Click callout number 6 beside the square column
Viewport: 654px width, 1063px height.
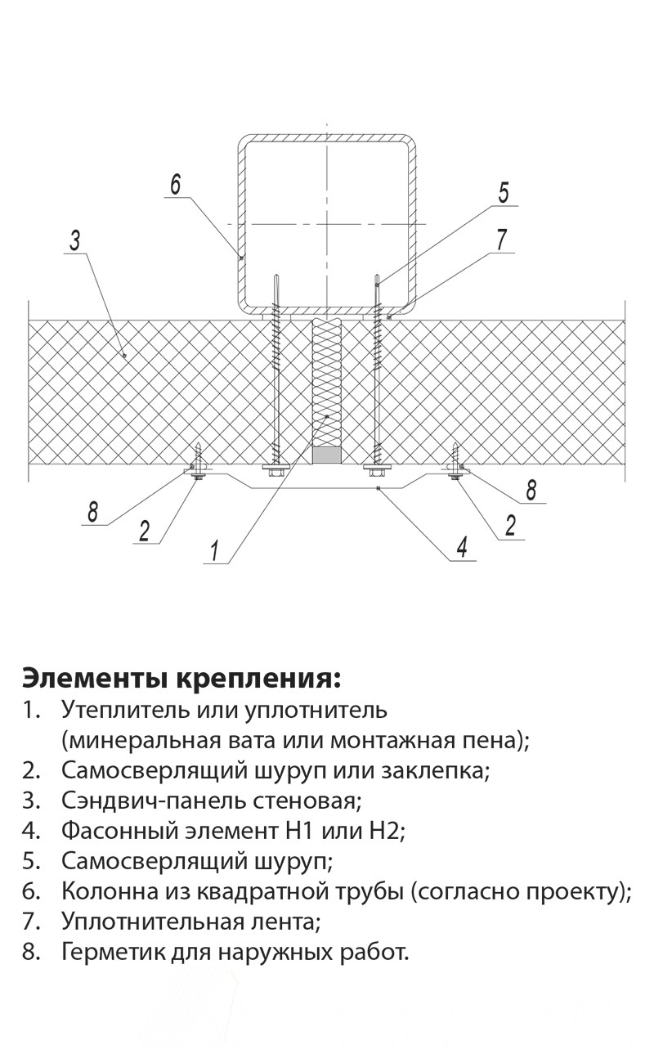coord(176,184)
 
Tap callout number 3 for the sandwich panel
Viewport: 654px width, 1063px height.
coord(75,240)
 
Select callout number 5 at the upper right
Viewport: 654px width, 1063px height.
coord(504,193)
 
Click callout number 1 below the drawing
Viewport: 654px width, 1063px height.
coord(215,550)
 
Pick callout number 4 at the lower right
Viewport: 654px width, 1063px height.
coord(462,547)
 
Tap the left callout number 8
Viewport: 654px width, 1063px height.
coord(93,512)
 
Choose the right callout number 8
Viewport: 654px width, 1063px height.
coord(531,491)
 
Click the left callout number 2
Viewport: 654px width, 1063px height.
coord(144,531)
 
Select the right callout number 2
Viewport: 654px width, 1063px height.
coord(510,526)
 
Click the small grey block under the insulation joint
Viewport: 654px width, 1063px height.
coord(326,455)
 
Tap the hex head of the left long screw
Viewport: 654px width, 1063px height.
coord(275,469)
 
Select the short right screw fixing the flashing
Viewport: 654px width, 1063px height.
coord(455,462)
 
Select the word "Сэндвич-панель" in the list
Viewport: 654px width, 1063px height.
coord(154,801)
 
